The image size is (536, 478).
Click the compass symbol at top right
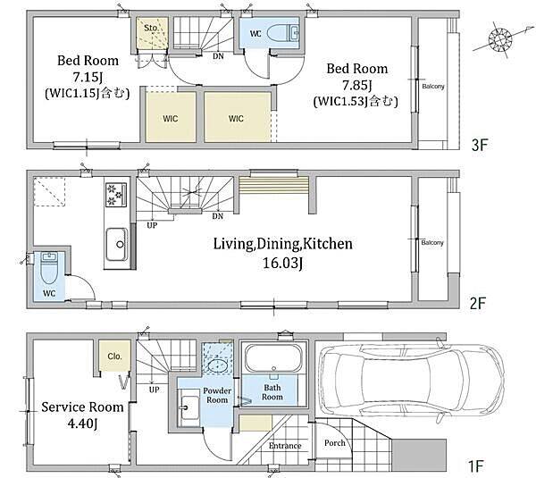(x=500, y=39)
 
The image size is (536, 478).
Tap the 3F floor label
(x=479, y=146)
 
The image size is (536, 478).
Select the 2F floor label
(x=478, y=303)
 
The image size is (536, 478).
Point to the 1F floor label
(x=476, y=466)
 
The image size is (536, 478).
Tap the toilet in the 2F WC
(x=49, y=268)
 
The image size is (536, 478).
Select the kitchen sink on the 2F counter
(x=116, y=244)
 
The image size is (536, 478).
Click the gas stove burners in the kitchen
(x=116, y=195)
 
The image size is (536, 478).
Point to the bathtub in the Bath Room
(x=273, y=358)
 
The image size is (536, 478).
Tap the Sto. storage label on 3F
(x=151, y=28)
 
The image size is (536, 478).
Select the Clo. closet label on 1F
(x=114, y=356)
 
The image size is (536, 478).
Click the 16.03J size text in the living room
(x=282, y=263)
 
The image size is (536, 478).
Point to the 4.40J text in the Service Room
(x=82, y=423)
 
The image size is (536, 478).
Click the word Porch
(x=335, y=443)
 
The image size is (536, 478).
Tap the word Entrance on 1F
(x=285, y=446)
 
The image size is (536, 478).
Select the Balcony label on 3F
(x=433, y=87)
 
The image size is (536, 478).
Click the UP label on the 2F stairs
(x=152, y=225)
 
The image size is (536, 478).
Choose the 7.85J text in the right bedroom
(x=357, y=85)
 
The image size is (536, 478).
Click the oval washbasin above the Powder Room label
(x=217, y=365)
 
